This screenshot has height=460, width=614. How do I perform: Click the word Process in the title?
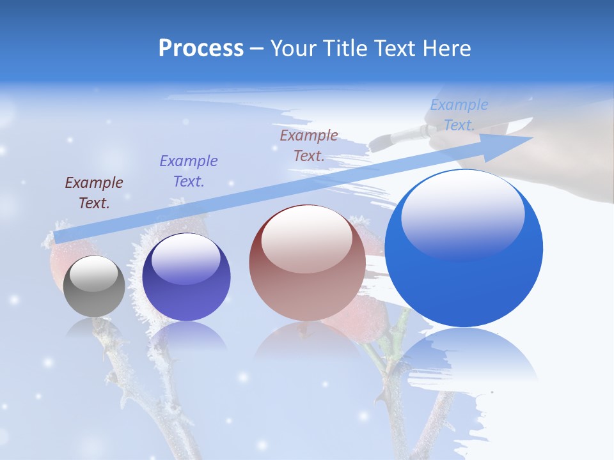click(201, 49)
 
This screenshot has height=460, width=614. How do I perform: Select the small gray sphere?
click(94, 286)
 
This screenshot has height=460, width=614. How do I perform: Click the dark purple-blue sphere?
click(186, 278)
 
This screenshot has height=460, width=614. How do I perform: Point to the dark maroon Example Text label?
click(94, 193)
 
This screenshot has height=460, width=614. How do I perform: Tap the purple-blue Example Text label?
click(188, 171)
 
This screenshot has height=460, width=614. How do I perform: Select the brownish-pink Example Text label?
click(309, 146)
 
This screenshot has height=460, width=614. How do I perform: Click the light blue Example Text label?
click(459, 115)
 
